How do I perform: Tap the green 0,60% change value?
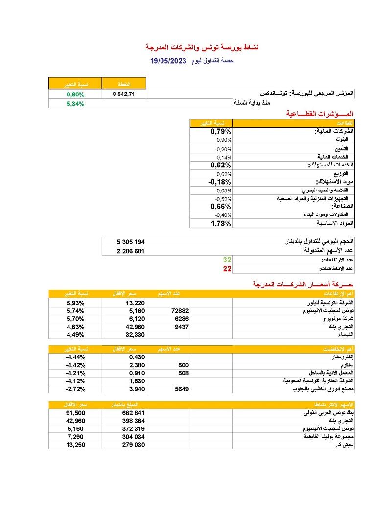76,94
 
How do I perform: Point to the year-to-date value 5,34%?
75,103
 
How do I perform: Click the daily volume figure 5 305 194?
131,242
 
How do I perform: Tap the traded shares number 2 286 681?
131,251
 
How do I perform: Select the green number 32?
227,260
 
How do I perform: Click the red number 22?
227,269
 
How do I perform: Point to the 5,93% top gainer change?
76,303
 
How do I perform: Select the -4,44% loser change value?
75,357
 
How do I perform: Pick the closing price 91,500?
75,413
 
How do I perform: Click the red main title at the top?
202,47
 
